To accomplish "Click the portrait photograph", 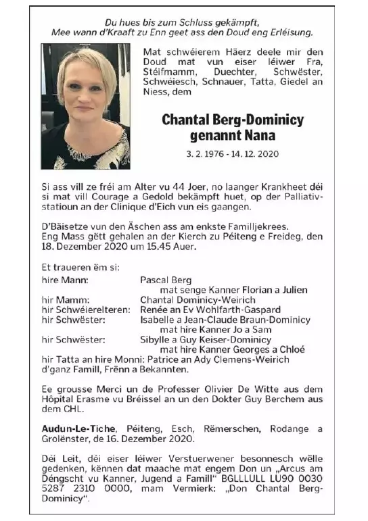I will [85, 106].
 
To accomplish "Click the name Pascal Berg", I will [166, 280].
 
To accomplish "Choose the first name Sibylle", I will [158, 339].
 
